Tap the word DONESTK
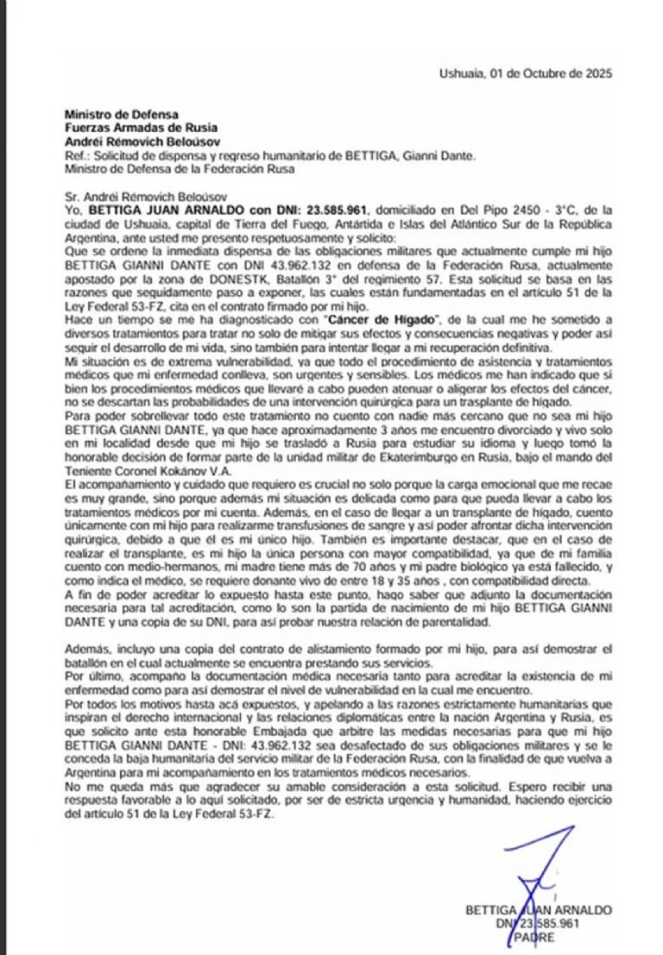250,282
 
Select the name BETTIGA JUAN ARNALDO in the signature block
538,910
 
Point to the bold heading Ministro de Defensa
121,114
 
